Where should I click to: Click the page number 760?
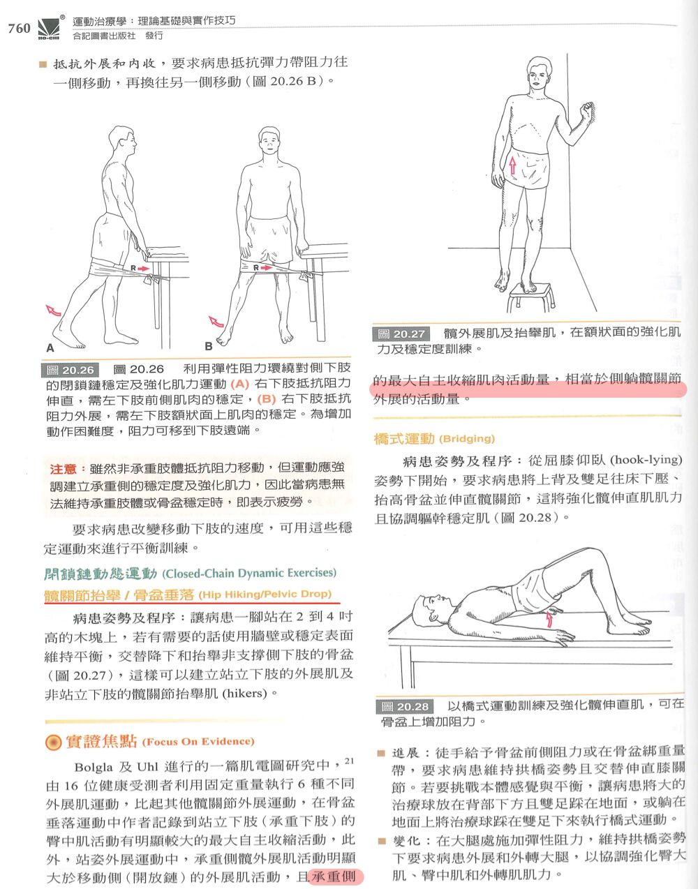pos(19,28)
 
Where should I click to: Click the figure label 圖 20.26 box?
pos(70,371)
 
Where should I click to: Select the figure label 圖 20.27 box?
pos(401,334)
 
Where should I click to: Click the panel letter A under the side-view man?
pos(50,348)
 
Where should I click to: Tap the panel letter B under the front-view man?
pos(209,347)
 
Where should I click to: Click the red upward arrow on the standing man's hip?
pos(512,165)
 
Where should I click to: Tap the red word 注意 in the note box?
pos(63,469)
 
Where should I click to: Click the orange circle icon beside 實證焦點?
pos(53,742)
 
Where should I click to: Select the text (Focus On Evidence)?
pos(198,742)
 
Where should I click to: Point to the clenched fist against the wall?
pos(587,110)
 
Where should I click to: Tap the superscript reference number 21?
pos(349,761)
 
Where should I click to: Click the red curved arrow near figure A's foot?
pos(53,311)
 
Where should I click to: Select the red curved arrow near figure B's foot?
pos(216,322)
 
